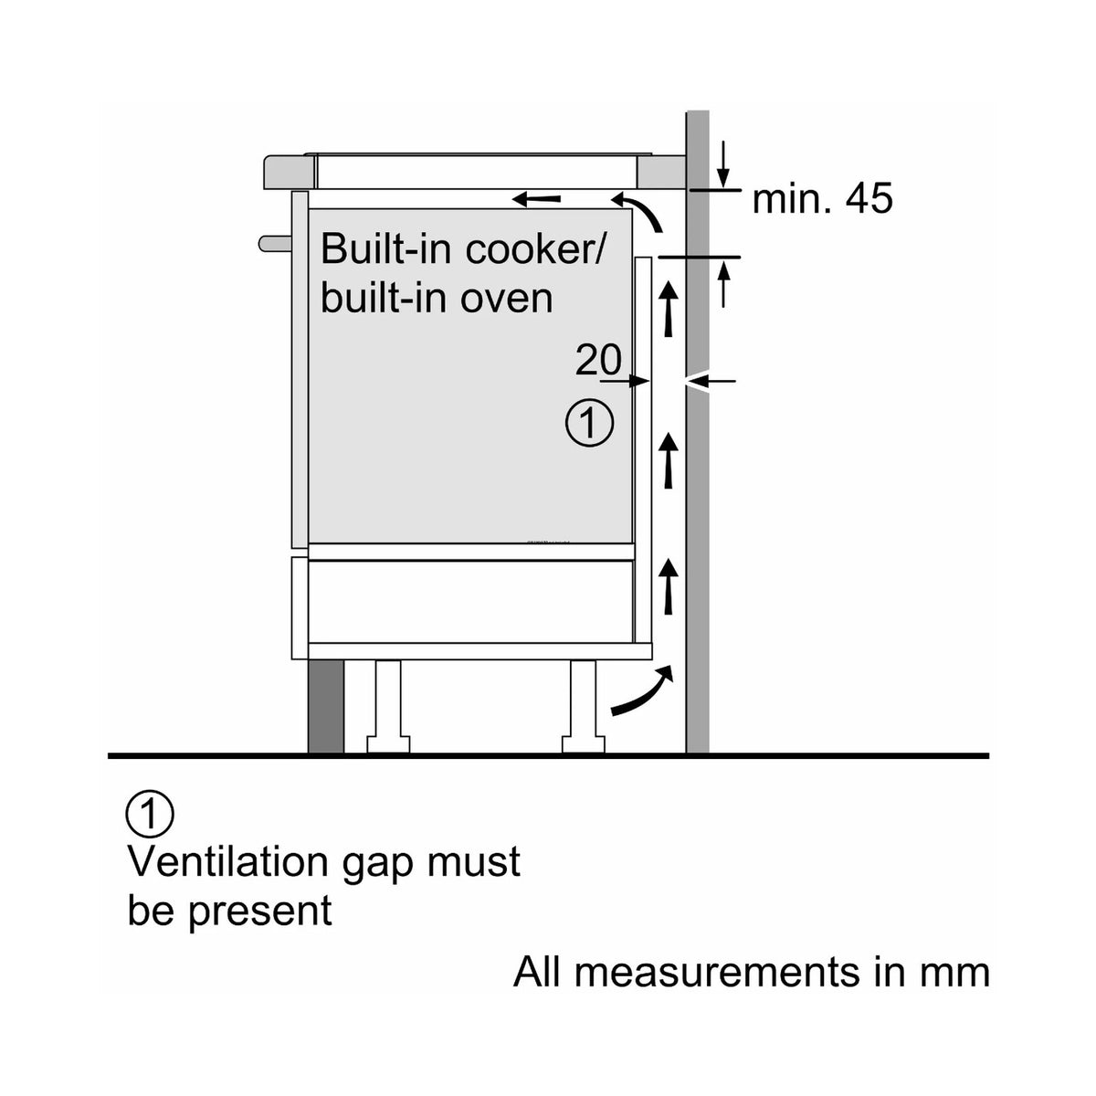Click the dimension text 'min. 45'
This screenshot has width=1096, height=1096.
click(822, 198)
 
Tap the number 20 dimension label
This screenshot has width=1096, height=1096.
click(598, 360)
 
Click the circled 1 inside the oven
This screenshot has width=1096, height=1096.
click(589, 424)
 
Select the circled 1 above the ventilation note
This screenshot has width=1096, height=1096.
click(150, 815)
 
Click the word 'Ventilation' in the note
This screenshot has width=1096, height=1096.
click(228, 863)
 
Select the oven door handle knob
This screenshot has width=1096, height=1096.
click(275, 244)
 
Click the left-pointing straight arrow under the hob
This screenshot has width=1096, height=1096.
click(536, 199)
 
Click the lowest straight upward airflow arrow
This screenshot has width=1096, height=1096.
click(669, 585)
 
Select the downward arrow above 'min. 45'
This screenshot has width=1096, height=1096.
click(722, 163)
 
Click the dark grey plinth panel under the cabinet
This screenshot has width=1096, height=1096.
click(326, 706)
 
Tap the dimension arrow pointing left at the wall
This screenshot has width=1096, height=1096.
click(711, 381)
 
